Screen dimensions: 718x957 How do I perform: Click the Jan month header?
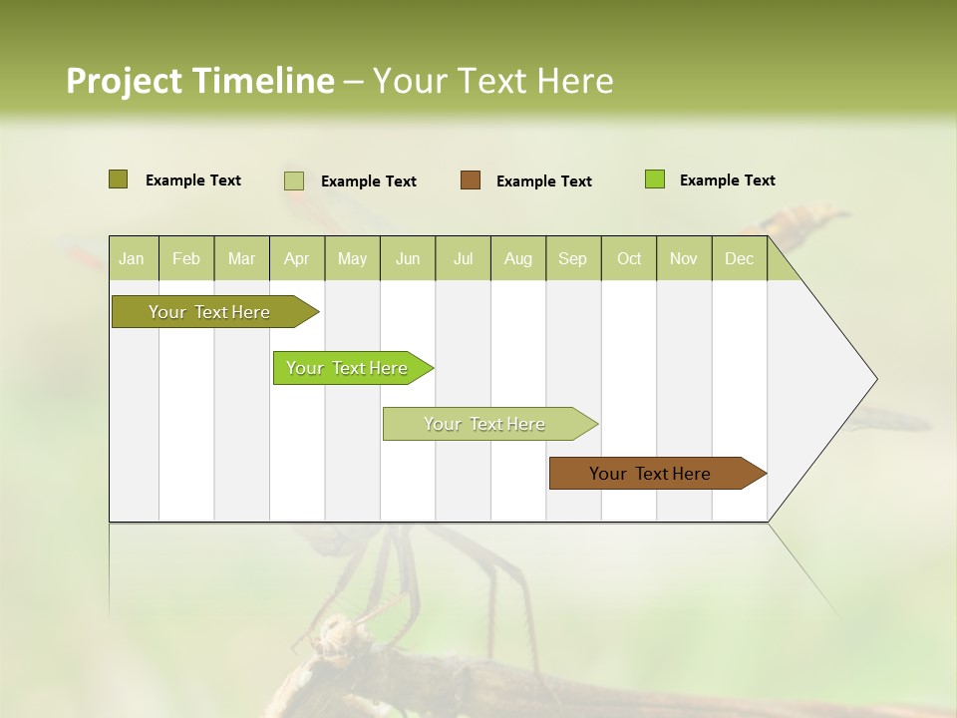coord(132,258)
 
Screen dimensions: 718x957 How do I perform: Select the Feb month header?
coord(186,258)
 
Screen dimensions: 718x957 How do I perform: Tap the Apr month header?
coord(296,258)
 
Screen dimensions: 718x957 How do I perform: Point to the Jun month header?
coord(408,258)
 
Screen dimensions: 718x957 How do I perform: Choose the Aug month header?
coord(517,258)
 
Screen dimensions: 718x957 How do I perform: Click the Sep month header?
coord(572,258)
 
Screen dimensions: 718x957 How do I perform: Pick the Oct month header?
coord(629,258)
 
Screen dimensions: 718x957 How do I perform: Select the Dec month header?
coord(739,258)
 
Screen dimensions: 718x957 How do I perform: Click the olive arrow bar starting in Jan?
coord(209,312)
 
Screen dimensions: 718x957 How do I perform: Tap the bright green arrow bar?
coord(347,368)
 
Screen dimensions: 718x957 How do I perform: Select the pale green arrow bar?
coord(484,424)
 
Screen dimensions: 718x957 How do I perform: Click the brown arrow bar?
coord(650,474)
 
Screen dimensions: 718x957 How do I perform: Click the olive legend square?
coord(118,179)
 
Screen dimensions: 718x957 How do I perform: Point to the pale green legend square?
coord(293,180)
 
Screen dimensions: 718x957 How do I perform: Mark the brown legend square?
coord(471,179)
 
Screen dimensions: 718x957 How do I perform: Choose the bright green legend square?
coord(654,179)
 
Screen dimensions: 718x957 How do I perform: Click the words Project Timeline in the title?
coord(199,81)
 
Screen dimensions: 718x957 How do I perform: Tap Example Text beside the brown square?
coord(543,180)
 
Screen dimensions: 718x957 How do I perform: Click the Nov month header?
coord(683,258)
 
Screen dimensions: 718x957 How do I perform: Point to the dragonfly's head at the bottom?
coord(337,634)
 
